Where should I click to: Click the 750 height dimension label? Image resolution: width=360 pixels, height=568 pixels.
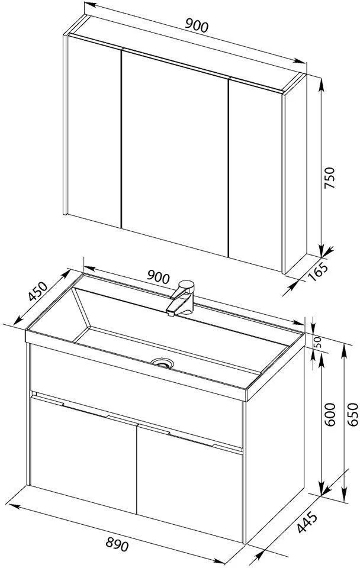click(330, 177)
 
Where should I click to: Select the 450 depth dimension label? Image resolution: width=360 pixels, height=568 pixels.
click(38, 291)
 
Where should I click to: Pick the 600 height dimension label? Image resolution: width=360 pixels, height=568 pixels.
click(330, 414)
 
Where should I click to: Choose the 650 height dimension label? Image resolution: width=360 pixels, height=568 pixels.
click(352, 414)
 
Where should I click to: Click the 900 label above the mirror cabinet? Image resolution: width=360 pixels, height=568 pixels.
click(197, 26)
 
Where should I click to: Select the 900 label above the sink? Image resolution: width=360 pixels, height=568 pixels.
click(158, 277)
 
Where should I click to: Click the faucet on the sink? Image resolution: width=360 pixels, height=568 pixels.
click(181, 298)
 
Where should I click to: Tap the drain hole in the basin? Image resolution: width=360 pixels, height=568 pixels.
click(162, 363)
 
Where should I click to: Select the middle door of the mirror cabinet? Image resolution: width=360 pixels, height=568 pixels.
click(175, 152)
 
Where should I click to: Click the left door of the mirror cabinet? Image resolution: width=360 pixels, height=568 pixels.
click(94, 130)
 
